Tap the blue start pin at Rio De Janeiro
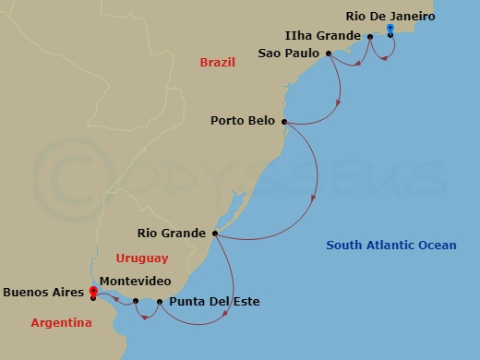tap(390, 30)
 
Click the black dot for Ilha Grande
tap(370, 37)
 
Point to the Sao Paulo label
tap(289, 54)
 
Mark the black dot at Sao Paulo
tap(328, 54)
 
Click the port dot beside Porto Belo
tap(284, 122)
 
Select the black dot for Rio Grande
tap(215, 233)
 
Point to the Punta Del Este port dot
tap(160, 302)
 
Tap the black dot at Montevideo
tap(136, 301)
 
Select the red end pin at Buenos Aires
tap(93, 293)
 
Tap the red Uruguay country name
tap(142, 258)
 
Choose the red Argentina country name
tap(61, 323)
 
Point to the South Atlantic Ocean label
tap(391, 245)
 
